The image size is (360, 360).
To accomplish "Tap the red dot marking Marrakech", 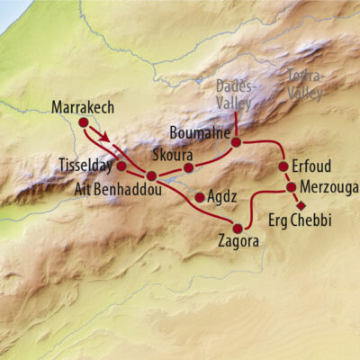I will tap(84, 122).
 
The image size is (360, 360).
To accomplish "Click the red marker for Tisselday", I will tap(121, 166).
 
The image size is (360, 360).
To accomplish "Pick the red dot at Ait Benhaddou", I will tap(152, 175).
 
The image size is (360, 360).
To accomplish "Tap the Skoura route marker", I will tap(189, 167).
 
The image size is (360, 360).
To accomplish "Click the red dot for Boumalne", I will tap(236, 141).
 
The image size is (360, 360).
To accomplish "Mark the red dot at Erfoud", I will tap(283, 166).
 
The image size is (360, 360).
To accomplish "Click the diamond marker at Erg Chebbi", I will tap(301, 205).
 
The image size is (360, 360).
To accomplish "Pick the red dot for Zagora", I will tap(238, 228).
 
